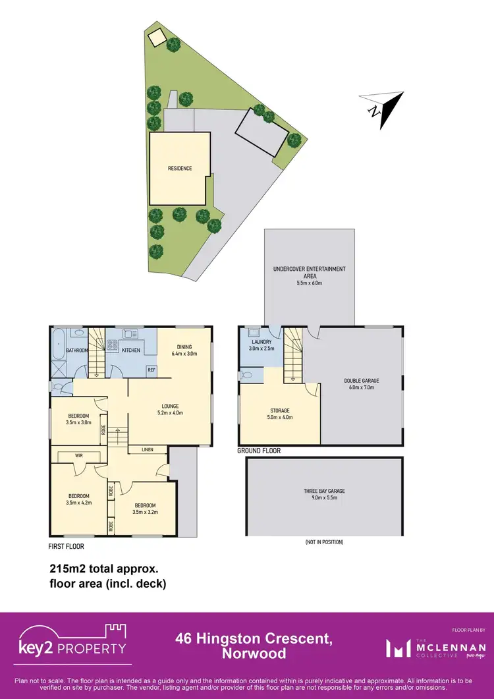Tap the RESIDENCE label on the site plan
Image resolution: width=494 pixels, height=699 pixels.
(x=179, y=169)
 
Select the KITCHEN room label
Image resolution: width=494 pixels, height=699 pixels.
(x=131, y=350)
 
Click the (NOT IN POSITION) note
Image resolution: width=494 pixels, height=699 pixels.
(x=323, y=542)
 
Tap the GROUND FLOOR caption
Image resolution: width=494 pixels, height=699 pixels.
(x=259, y=451)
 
